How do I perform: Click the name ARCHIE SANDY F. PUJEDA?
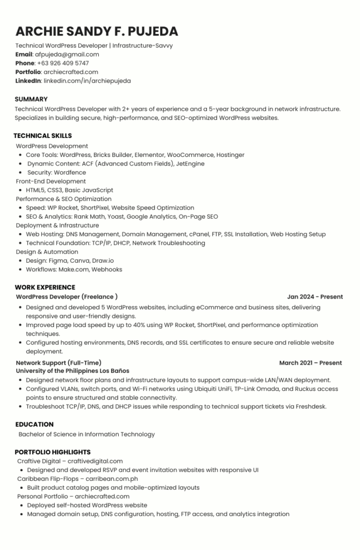coord(97,31)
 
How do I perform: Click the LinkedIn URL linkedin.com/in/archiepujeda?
coord(87,81)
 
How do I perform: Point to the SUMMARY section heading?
coord(31,99)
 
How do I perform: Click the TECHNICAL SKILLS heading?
coord(42,136)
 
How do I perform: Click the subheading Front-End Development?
coord(51,182)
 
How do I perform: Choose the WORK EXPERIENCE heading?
coord(45,287)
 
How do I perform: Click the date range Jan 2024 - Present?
coord(315,296)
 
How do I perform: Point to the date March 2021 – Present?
coord(311,363)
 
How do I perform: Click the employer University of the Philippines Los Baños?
coord(73,371)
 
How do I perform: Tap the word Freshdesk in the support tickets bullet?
coord(311,406)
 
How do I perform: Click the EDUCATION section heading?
coord(34,424)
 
